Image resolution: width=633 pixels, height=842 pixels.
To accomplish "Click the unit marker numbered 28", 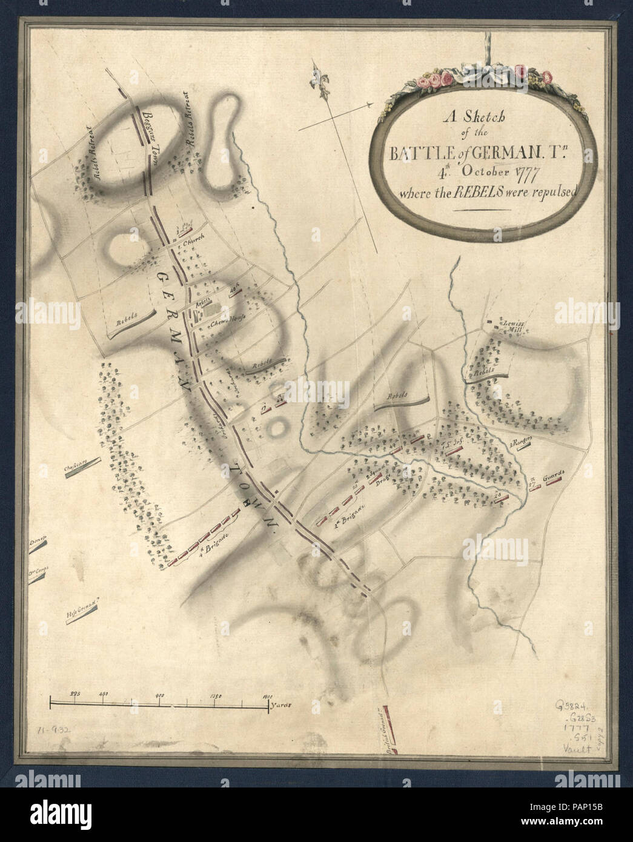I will click(498, 494).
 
